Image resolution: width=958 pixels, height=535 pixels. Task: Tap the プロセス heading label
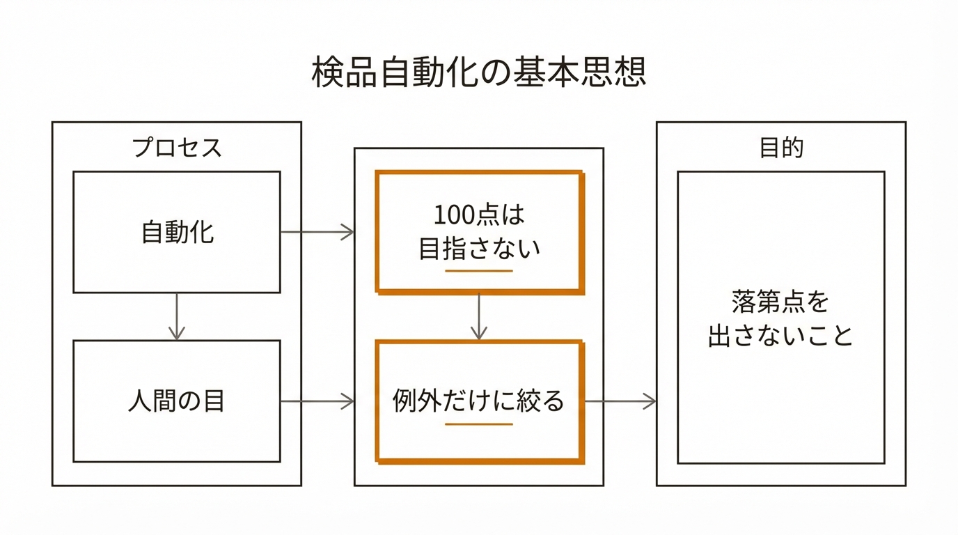point(177,148)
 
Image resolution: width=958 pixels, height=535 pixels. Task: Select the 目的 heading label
point(781,148)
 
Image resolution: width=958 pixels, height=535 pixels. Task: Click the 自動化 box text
point(177,232)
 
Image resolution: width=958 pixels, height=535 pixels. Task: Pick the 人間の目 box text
point(177,402)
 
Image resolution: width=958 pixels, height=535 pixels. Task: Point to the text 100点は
point(479,215)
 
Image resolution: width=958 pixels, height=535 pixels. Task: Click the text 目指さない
point(479,249)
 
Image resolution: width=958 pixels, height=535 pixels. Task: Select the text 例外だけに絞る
point(479,402)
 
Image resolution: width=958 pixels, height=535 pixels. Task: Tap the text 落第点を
point(781,302)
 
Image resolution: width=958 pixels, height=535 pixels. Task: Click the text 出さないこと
point(781,336)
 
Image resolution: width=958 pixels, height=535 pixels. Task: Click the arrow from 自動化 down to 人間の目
point(177,316)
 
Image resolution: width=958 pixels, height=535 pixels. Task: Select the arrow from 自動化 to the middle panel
point(317,232)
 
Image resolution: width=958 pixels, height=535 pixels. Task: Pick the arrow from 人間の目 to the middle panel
point(317,401)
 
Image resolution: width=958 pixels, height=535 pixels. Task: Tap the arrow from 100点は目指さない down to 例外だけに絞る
point(478,317)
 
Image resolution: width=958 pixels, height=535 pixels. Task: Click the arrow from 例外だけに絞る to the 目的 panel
point(620,401)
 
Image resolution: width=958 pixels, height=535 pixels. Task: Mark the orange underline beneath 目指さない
point(479,270)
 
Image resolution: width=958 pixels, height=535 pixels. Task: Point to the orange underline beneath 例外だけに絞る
point(479,424)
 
